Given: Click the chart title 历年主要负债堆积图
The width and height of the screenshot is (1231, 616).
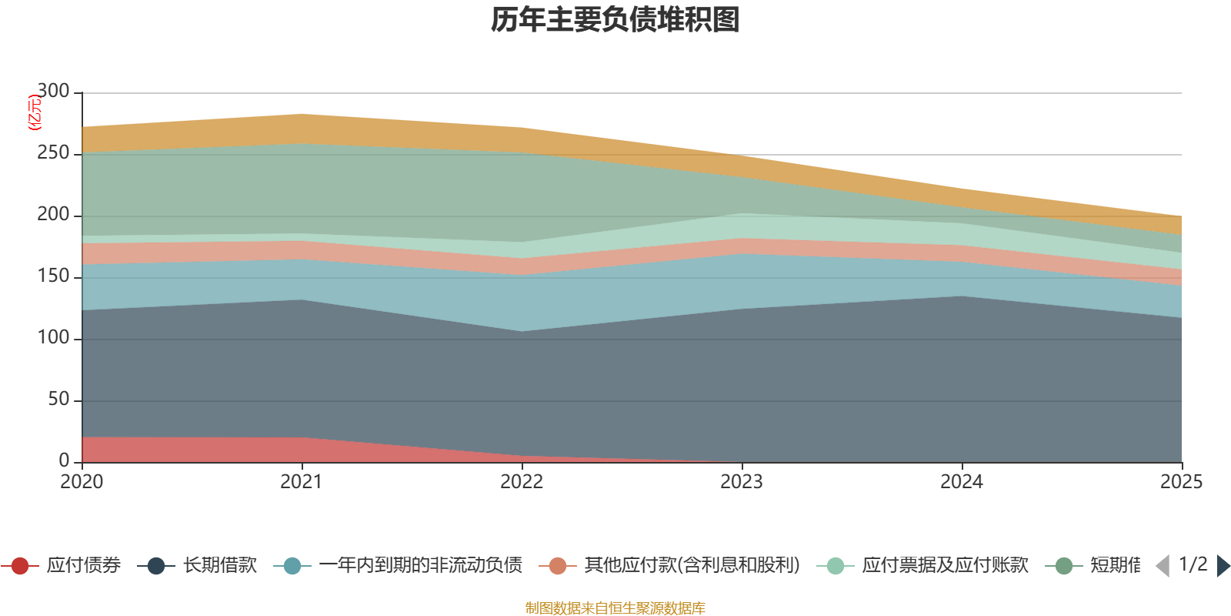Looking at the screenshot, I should tap(615, 20).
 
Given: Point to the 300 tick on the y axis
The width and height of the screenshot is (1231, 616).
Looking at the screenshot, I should tap(53, 92).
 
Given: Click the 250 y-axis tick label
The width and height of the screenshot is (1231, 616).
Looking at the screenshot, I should tap(53, 153).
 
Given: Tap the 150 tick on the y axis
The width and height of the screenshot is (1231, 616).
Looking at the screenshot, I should tap(53, 276).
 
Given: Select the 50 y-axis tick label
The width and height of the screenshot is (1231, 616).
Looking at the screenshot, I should tap(58, 400).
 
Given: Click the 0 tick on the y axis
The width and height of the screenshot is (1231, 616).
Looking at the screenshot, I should tap(65, 460).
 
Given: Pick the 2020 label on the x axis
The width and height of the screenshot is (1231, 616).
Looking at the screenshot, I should tap(82, 482).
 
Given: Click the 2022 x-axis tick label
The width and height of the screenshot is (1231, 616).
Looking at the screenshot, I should tap(522, 482).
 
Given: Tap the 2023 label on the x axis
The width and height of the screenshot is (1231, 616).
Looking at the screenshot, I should tap(742, 482).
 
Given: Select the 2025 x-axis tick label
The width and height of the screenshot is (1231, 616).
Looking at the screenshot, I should tap(1181, 482).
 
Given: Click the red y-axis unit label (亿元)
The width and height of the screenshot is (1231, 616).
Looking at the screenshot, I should tap(35, 112).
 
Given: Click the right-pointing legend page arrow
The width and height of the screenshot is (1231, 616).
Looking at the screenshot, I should tap(1223, 566).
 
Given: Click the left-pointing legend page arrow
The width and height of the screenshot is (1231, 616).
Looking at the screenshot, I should tap(1163, 566).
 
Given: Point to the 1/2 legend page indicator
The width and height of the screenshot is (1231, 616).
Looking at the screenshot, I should tap(1193, 564).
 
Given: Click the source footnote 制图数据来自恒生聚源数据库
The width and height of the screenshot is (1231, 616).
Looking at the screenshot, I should tap(615, 608).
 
